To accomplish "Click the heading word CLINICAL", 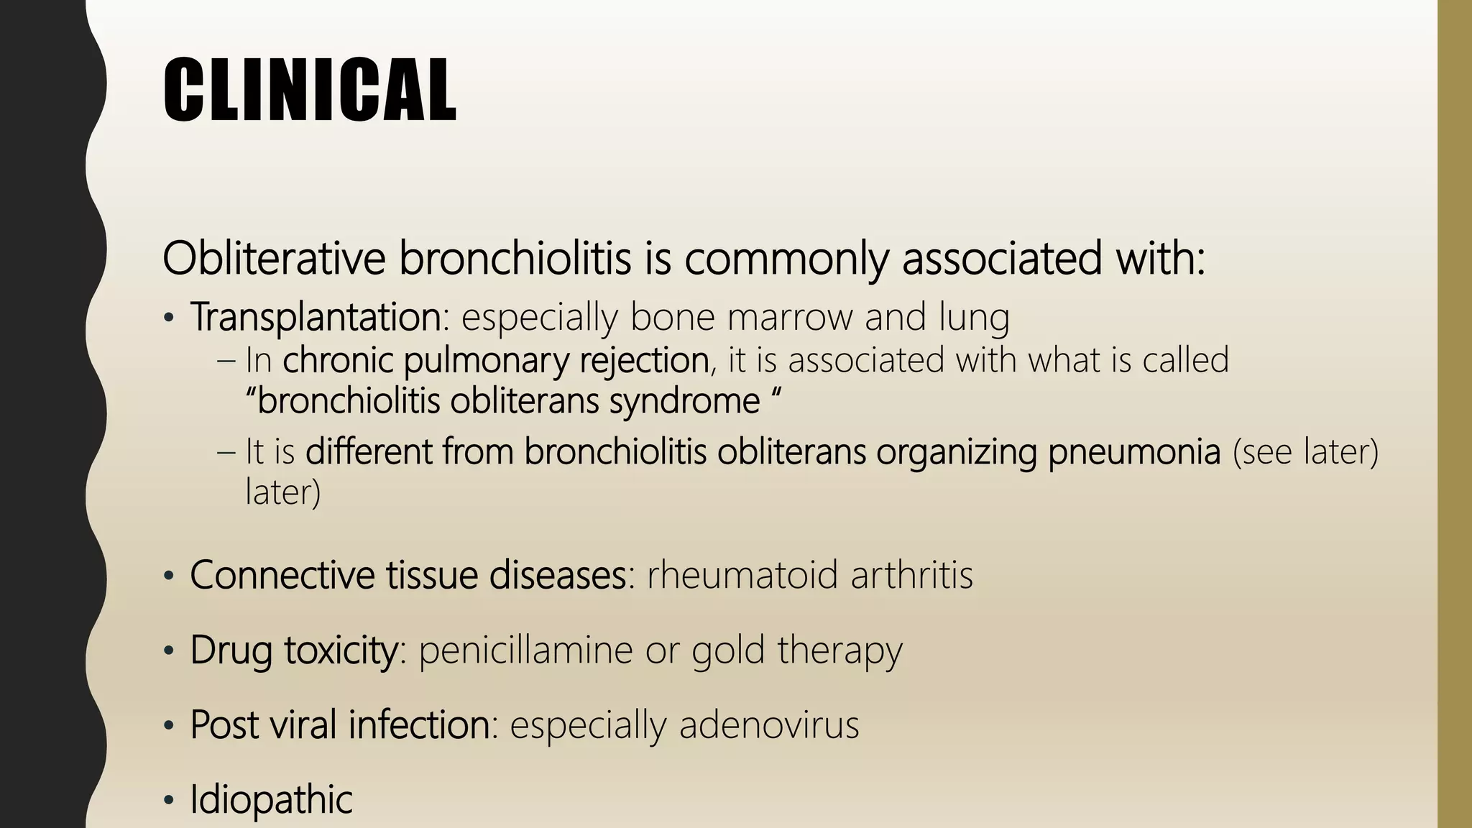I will tap(309, 90).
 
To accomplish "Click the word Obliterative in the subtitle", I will tap(274, 258).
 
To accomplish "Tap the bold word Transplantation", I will tap(316, 317).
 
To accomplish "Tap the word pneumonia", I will tap(1134, 452).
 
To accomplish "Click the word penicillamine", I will tap(526, 650).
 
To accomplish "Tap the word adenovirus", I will tap(768, 724).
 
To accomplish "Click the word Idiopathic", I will tap(271, 800).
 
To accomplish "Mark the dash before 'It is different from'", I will tap(226, 452).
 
